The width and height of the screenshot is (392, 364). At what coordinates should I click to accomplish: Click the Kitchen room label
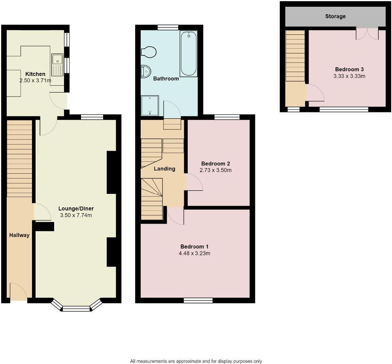35,74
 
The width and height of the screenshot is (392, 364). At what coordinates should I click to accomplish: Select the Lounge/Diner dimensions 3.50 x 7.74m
76,216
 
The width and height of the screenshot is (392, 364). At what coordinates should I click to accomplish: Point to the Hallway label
19,235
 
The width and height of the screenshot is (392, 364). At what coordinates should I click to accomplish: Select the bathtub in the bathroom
188,55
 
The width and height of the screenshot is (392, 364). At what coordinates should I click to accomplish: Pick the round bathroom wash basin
145,72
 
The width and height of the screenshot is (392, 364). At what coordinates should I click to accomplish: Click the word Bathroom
166,79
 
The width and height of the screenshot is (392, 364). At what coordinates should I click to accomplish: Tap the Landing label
164,169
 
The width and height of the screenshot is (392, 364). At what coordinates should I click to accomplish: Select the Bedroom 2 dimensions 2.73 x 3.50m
216,171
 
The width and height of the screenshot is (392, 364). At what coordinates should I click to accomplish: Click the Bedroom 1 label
194,246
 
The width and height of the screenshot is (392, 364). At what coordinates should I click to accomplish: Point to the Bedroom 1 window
198,301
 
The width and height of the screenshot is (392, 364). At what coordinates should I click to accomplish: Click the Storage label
335,16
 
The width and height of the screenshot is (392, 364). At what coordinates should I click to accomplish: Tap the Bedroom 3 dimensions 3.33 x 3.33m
349,76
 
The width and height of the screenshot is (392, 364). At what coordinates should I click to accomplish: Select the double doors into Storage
367,33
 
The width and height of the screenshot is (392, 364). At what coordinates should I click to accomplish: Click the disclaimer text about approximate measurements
196,361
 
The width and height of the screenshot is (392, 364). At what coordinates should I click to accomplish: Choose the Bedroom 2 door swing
194,184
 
